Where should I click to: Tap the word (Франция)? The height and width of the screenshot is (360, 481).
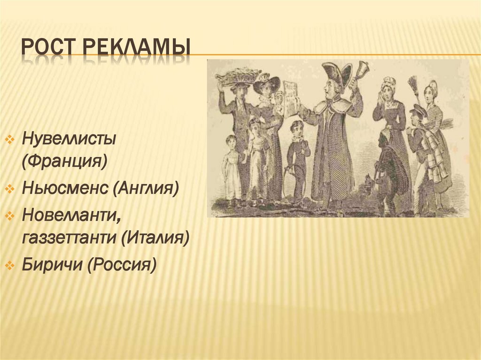coord(64,162)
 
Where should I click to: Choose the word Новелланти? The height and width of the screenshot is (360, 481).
coord(68,216)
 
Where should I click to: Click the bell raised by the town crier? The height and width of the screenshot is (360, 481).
coord(363,70)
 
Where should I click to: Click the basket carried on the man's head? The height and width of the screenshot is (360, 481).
coord(238,76)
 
